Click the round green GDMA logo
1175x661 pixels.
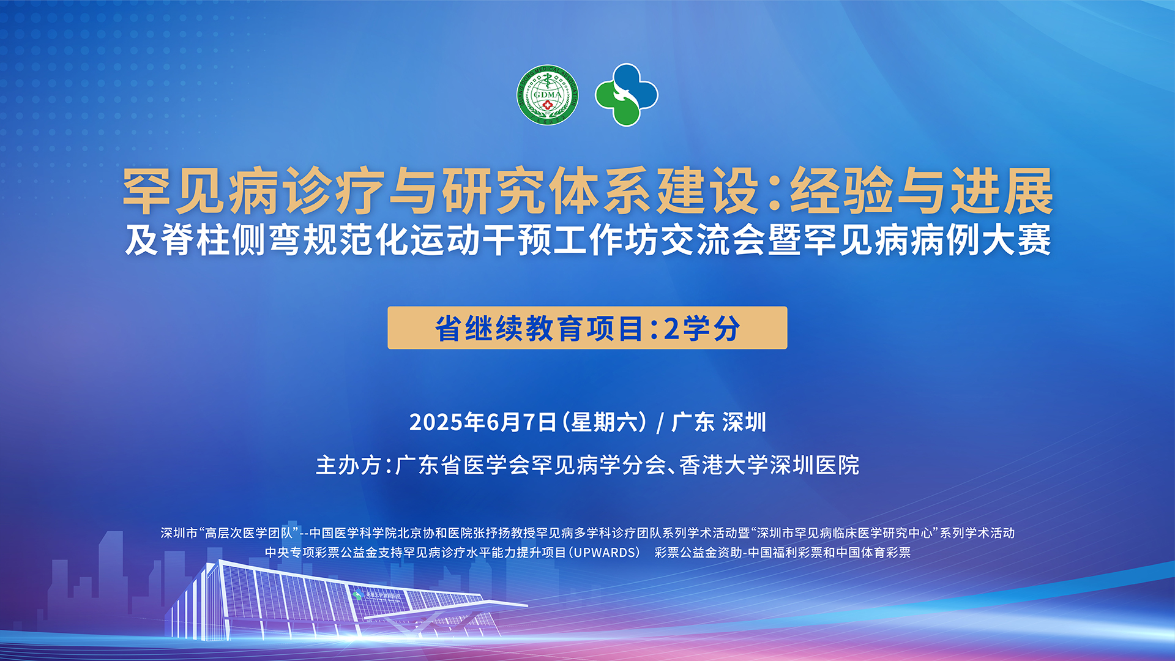(547, 95)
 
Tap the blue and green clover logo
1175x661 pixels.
(626, 95)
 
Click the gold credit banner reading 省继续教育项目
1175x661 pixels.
(587, 328)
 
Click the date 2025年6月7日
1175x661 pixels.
(483, 422)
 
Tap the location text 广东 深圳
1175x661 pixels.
(718, 422)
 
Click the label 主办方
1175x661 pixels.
(349, 465)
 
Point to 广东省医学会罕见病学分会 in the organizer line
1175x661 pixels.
(531, 465)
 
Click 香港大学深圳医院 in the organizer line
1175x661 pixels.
(769, 465)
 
